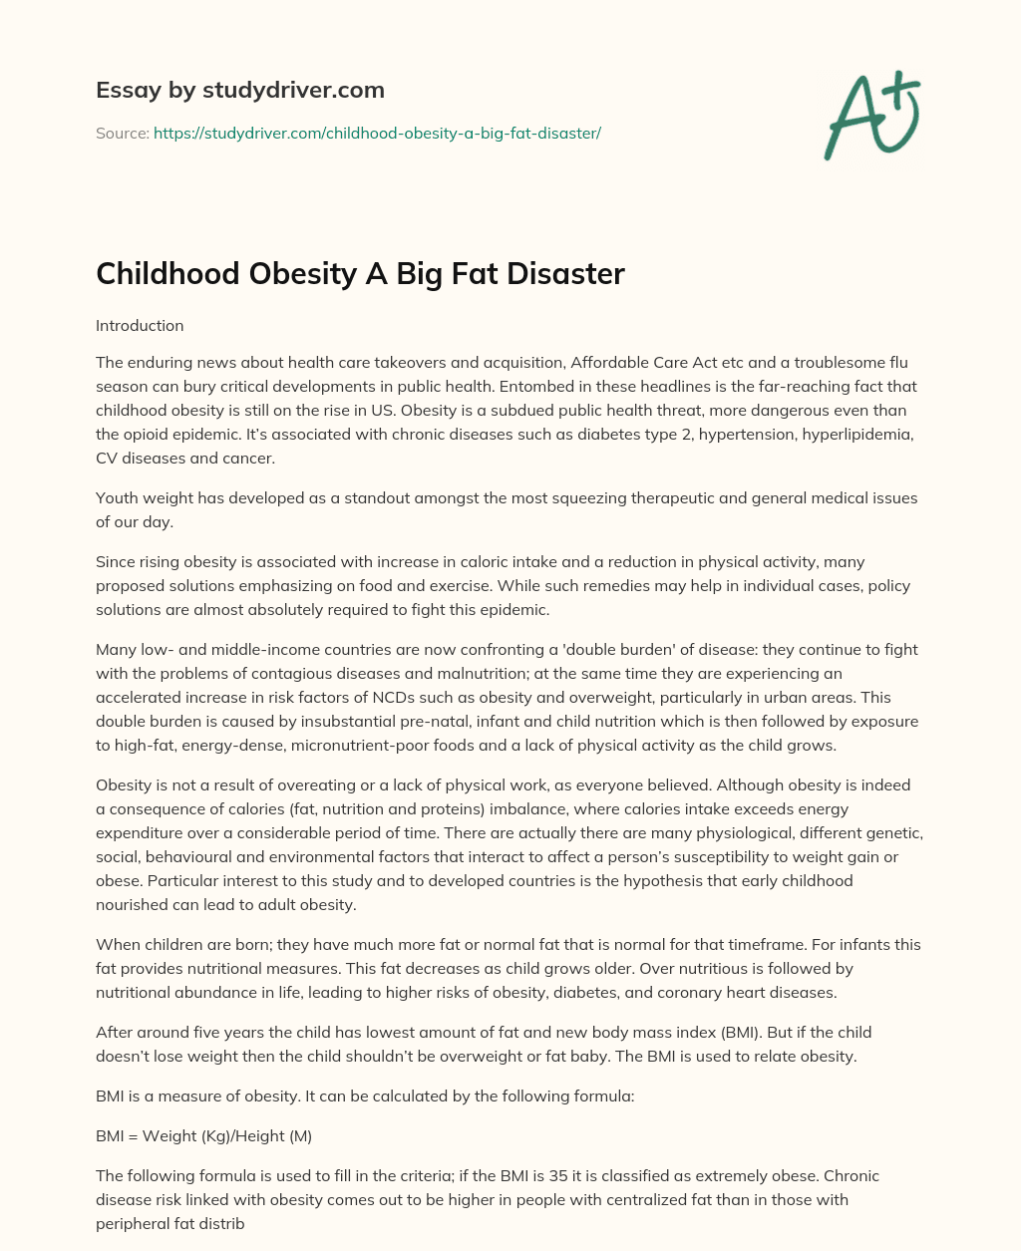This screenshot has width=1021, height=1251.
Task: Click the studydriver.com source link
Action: (377, 133)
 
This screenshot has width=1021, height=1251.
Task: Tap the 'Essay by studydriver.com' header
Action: (239, 90)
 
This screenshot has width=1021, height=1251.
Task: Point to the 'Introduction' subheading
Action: (140, 325)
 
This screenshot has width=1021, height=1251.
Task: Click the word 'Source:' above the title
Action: (122, 133)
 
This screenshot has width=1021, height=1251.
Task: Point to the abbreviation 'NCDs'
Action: (374, 697)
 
